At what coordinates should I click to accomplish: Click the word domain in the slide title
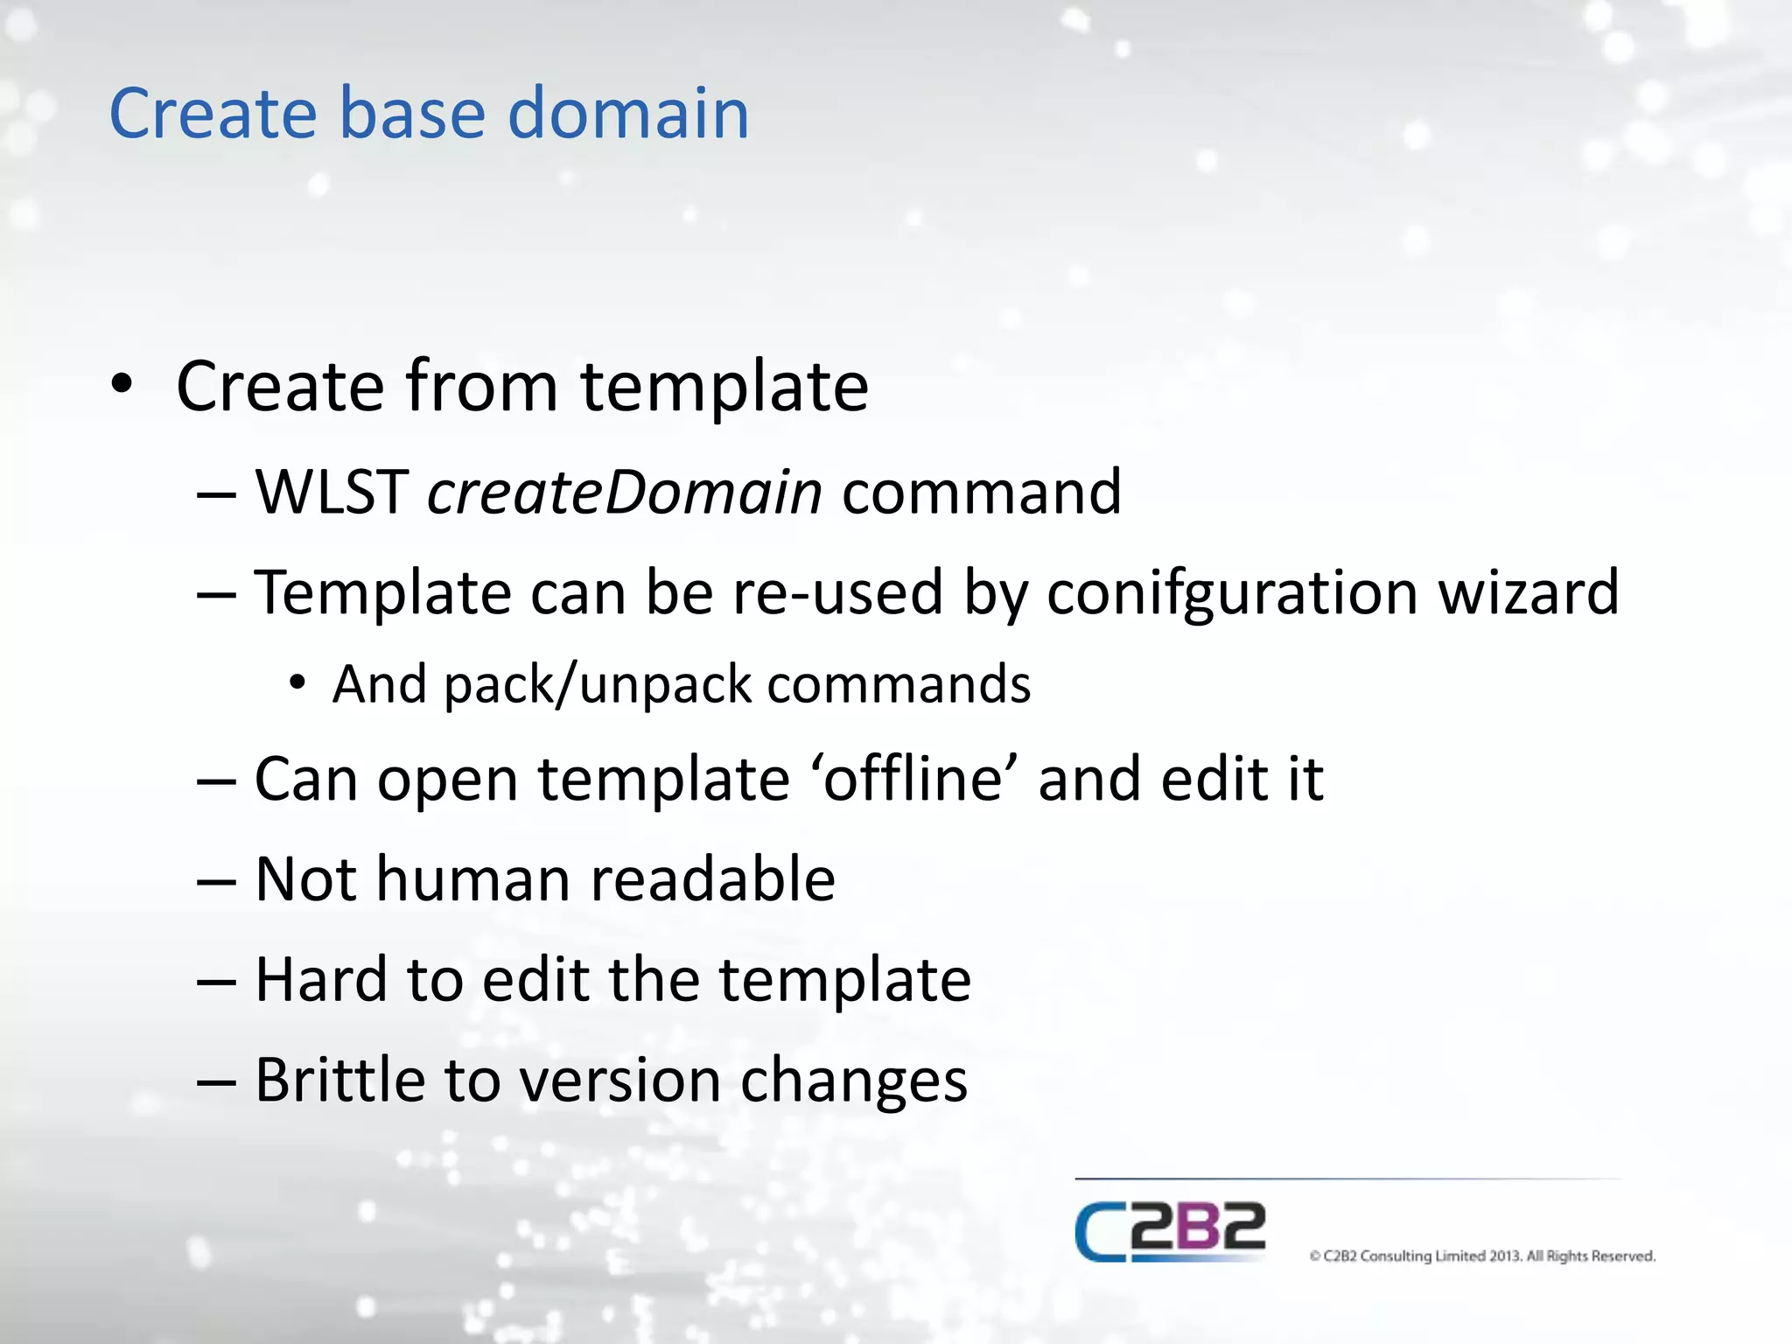[x=627, y=114]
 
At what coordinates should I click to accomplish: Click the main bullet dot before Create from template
[x=122, y=385]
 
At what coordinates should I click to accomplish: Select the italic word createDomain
[x=625, y=492]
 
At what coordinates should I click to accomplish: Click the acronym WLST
[x=331, y=492]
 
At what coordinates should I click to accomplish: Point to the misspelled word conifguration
[x=1231, y=593]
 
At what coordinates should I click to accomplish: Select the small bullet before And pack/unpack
[x=297, y=682]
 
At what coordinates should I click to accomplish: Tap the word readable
[x=713, y=878]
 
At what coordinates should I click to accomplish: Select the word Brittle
[x=339, y=1080]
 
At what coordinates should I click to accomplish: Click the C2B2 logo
[x=1170, y=1232]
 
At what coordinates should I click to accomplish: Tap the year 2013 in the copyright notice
[x=1505, y=1256]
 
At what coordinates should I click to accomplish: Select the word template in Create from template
[x=724, y=387]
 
